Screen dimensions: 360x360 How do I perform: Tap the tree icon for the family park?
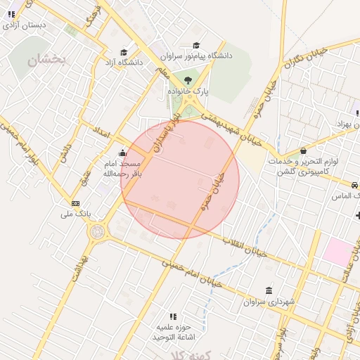point(188,80)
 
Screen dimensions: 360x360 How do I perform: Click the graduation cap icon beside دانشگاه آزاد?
point(124,52)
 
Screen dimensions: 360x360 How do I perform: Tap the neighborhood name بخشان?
point(46,61)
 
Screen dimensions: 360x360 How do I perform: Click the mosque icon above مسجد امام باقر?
point(123,153)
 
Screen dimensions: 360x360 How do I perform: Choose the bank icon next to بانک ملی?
point(75,204)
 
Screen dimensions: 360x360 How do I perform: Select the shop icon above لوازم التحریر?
point(303,150)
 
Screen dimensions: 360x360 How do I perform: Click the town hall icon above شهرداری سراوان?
point(269,290)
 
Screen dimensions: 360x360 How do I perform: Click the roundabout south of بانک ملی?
point(96,231)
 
